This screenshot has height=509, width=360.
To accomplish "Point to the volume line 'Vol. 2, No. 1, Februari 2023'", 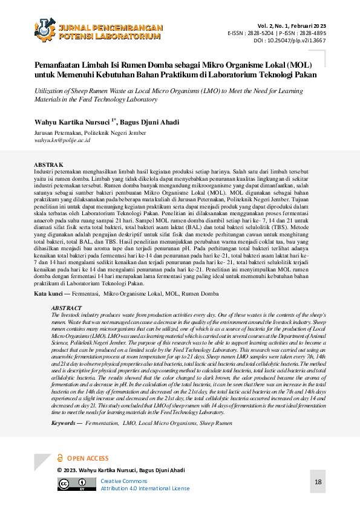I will pyautogui.click(x=292, y=25).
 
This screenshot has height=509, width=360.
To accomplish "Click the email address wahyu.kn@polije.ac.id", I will pyautogui.click(x=62, y=140).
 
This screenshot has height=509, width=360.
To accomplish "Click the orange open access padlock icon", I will pyautogui.click(x=60, y=458).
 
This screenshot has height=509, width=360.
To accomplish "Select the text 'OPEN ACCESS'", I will pyautogui.click(x=88, y=459).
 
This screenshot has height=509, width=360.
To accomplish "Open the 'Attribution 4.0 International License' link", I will pyautogui.click(x=145, y=488).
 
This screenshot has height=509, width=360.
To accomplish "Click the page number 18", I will pyautogui.click(x=318, y=482).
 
